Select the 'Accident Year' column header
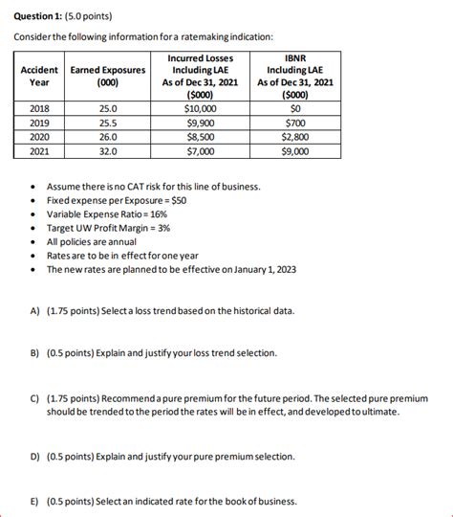pyautogui.click(x=38, y=76)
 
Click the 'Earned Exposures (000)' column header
pyautogui.click(x=108, y=76)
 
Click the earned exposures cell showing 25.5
pyautogui.click(x=108, y=124)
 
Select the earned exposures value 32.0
pyautogui.click(x=108, y=151)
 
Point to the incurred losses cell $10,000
pyautogui.click(x=200, y=109)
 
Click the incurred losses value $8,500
pyautogui.click(x=200, y=137)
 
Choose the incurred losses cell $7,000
pyautogui.click(x=200, y=151)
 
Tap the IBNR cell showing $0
pyautogui.click(x=295, y=109)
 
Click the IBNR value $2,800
pyautogui.click(x=295, y=137)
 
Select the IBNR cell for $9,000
pyautogui.click(x=295, y=151)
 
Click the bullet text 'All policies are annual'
pyautogui.click(x=100, y=242)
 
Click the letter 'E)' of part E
pyautogui.click(x=34, y=501)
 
